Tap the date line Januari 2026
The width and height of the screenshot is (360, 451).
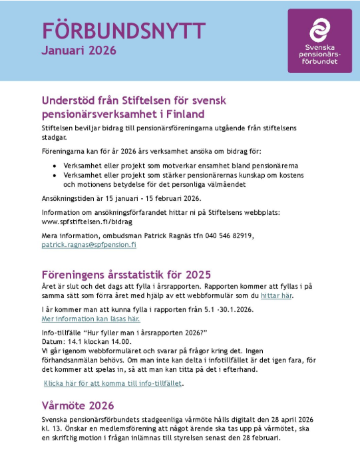tap(79, 50)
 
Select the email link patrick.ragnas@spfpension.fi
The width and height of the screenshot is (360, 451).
tap(89, 245)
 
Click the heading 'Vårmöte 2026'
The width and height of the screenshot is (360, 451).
tap(78, 405)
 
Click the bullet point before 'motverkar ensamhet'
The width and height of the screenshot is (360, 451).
tap(54, 164)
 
